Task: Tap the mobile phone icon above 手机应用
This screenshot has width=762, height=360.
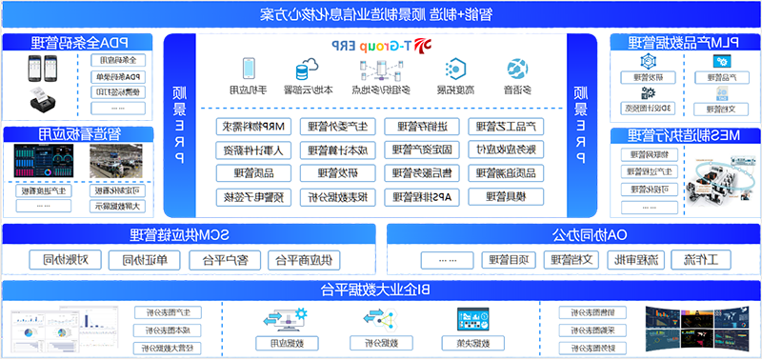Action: [x=249, y=70]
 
